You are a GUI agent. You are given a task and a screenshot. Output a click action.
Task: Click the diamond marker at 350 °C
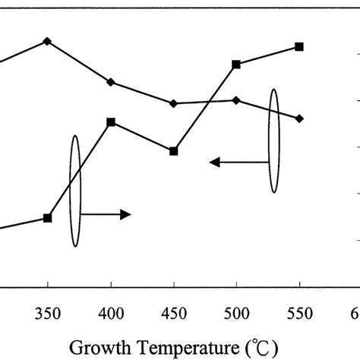coord(47,41)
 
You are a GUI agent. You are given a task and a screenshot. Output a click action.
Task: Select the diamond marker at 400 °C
coord(111,82)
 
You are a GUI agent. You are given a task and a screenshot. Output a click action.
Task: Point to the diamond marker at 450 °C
coord(173,103)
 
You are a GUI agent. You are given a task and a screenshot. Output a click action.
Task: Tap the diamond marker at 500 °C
coord(236,100)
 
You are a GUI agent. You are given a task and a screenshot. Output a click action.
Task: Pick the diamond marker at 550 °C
coord(299,118)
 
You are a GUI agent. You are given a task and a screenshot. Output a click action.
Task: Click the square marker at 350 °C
coord(47,218)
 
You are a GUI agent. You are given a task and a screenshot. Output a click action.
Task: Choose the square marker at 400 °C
coord(111,122)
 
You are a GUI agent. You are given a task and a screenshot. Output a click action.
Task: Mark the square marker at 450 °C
coord(173,151)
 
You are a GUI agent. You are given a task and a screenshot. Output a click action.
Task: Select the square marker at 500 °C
coord(236,65)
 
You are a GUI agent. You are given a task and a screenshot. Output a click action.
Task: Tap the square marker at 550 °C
coord(299,47)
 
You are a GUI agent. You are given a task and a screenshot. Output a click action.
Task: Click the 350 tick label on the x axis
coord(47,314)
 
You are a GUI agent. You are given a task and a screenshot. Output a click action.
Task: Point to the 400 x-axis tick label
coord(111,314)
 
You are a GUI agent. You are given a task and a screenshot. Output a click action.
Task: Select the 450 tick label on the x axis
coord(173,314)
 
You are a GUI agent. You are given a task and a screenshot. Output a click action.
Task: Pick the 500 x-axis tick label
coord(236,314)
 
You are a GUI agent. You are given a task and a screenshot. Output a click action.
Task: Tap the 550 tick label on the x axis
coord(299,314)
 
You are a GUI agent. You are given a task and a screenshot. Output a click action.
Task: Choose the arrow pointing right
coord(106,215)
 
